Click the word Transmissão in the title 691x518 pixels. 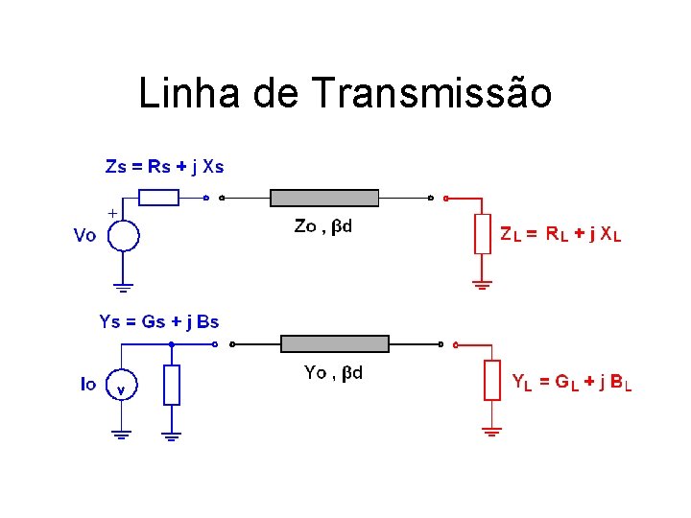pyautogui.click(x=432, y=94)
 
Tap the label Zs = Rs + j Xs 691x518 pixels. pyautogui.click(x=164, y=166)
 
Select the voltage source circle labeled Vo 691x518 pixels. pyautogui.click(x=124, y=235)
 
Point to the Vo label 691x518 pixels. pyautogui.click(x=84, y=236)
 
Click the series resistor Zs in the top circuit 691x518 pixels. pyautogui.click(x=159, y=199)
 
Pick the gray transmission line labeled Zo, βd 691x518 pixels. pyautogui.click(x=324, y=199)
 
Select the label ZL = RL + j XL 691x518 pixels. pyautogui.click(x=560, y=233)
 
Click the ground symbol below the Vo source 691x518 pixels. pyautogui.click(x=124, y=286)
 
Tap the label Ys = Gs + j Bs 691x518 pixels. pyautogui.click(x=159, y=321)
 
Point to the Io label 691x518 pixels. pyautogui.click(x=87, y=384)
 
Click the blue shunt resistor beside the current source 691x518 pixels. pyautogui.click(x=171, y=384)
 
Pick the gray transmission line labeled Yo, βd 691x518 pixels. pyautogui.click(x=334, y=343)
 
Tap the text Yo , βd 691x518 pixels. pyautogui.click(x=333, y=373)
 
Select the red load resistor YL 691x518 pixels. pyautogui.click(x=491, y=380)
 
